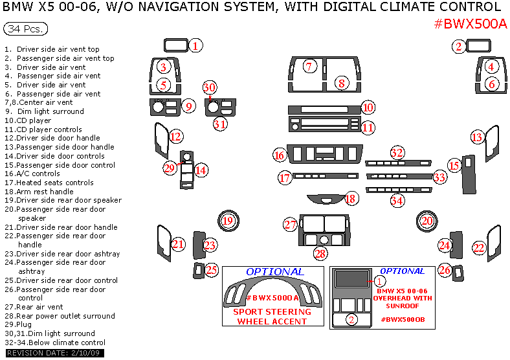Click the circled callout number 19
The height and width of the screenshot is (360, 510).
pyautogui.click(x=228, y=221)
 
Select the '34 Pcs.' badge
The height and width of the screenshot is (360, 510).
pyautogui.click(x=25, y=30)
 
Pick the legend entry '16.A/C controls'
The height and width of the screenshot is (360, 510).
pyautogui.click(x=36, y=174)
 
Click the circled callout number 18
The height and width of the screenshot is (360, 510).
pyautogui.click(x=351, y=199)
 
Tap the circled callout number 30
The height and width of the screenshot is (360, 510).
pyautogui.click(x=208, y=87)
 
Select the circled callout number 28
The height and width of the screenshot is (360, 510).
pyautogui.click(x=320, y=254)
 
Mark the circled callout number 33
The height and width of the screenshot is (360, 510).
pyautogui.click(x=439, y=177)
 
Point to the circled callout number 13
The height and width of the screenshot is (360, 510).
pyautogui.click(x=476, y=137)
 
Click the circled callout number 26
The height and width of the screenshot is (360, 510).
pyautogui.click(x=444, y=269)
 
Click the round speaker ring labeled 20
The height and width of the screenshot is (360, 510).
pyautogui.click(x=426, y=221)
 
